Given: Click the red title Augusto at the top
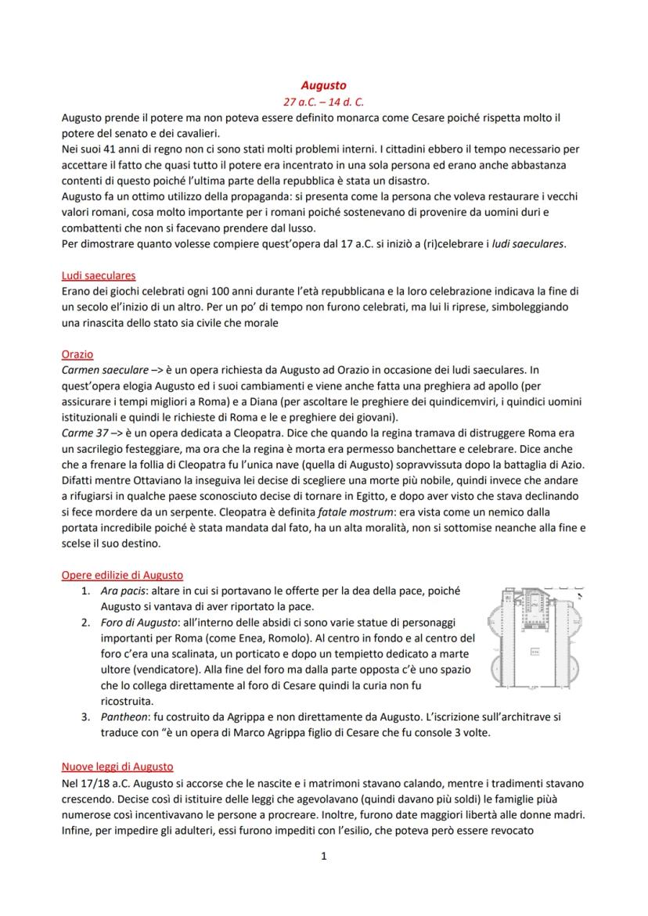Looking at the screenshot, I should click(324, 84).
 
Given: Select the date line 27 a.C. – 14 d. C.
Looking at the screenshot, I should click(324, 102).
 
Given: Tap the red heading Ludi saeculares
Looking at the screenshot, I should click(99, 275).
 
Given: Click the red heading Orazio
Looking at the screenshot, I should click(77, 354).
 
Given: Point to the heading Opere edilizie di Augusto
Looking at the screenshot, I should click(122, 575).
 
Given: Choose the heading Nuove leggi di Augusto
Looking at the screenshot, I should click(117, 767).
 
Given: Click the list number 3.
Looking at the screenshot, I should click(86, 717).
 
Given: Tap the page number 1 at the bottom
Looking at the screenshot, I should click(324, 857).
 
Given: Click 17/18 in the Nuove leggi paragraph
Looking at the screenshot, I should click(89, 783).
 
